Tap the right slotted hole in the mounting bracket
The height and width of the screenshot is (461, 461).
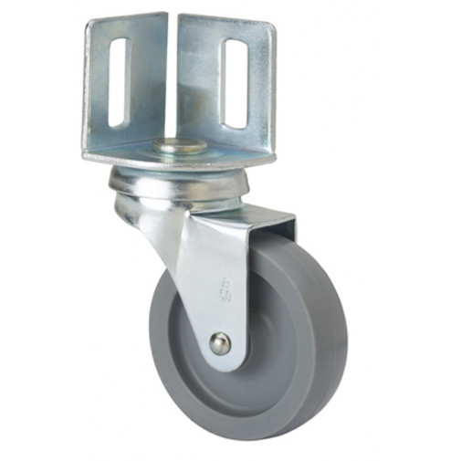[235, 83]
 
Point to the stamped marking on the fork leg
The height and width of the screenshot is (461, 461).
[222, 290]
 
